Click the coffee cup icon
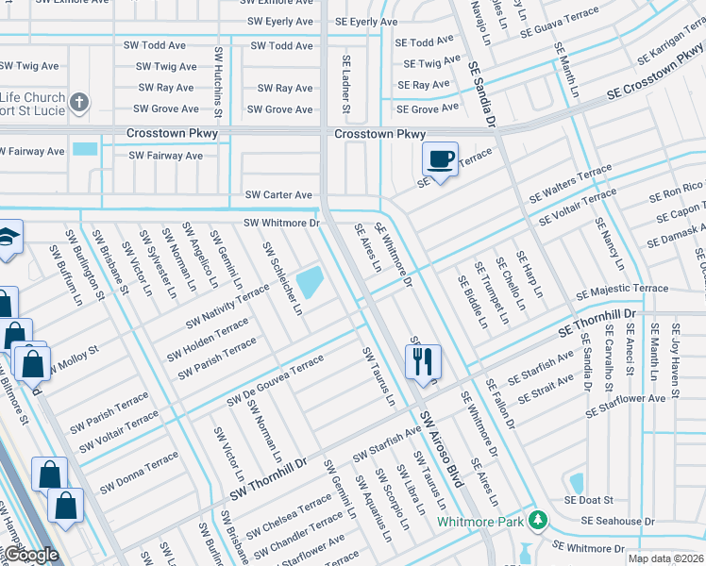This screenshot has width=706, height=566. pyautogui.click(x=440, y=158)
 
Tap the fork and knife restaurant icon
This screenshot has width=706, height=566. pyautogui.click(x=422, y=360)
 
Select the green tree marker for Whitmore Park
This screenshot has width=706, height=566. pyautogui.click(x=538, y=520)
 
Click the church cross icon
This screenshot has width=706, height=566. pyautogui.click(x=80, y=102)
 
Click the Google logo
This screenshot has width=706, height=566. pyautogui.click(x=30, y=555)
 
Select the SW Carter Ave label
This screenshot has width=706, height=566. pyautogui.click(x=278, y=194)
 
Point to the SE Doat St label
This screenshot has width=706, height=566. pyautogui.click(x=589, y=500)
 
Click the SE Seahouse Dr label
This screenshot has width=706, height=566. pyautogui.click(x=617, y=521)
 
